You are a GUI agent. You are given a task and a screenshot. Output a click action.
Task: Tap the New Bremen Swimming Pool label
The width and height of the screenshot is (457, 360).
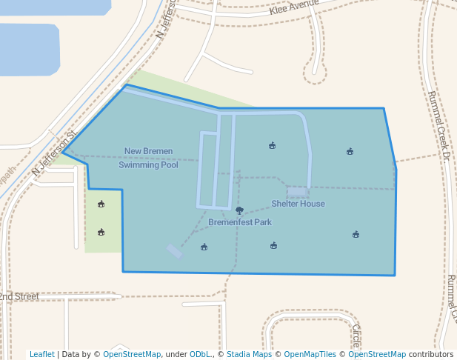click(148, 158)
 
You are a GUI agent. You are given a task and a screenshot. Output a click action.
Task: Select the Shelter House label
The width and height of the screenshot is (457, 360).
click(298, 204)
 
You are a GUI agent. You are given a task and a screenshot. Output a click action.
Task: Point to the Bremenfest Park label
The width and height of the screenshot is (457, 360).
click(239, 222)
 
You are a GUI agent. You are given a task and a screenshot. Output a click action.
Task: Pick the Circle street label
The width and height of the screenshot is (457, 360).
click(356, 335)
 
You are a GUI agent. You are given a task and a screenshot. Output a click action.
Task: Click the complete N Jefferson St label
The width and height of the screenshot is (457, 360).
click(54, 154)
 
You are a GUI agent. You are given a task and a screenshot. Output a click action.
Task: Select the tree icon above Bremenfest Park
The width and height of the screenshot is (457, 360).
click(239, 211)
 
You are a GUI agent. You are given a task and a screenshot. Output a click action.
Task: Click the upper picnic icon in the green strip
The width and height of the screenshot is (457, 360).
click(101, 204)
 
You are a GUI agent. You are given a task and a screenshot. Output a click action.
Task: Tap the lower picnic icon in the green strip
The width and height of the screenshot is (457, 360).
click(101, 232)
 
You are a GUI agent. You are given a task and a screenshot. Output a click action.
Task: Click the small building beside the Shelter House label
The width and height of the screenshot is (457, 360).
click(297, 192)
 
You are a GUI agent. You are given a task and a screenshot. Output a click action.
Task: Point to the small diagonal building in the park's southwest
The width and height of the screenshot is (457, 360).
click(174, 251)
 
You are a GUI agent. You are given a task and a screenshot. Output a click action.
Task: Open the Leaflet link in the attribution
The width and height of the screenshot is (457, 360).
click(41, 354)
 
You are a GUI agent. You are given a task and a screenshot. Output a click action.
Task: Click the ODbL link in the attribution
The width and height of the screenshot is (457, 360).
click(201, 354)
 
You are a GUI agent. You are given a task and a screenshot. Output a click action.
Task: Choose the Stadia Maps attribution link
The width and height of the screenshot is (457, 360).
click(249, 354)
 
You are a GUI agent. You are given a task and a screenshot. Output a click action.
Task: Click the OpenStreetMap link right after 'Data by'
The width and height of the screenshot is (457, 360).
click(131, 354)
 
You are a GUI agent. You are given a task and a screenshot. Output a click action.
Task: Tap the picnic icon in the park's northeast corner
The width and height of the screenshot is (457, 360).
click(350, 151)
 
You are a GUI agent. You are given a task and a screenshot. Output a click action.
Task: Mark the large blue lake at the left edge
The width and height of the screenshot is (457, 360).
click(28, 49)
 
